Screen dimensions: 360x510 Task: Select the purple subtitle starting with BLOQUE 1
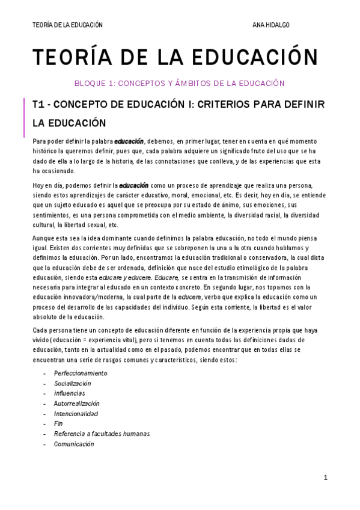pyautogui.click(x=179, y=83)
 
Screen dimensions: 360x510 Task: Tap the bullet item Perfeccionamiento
pyautogui.click(x=81, y=373)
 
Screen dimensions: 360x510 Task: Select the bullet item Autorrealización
pyautogui.click(x=77, y=404)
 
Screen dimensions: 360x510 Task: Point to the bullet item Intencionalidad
pyautogui.click(x=76, y=414)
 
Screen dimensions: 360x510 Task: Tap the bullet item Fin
pyautogui.click(x=58, y=423)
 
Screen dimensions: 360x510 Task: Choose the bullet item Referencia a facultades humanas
pyautogui.click(x=102, y=434)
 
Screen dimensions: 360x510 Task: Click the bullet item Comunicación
pyautogui.click(x=74, y=444)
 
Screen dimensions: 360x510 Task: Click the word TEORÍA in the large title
pyautogui.click(x=68, y=58)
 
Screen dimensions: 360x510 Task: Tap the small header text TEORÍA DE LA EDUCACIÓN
pyautogui.click(x=67, y=25)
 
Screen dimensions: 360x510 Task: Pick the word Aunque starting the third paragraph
pyautogui.click(x=43, y=239)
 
